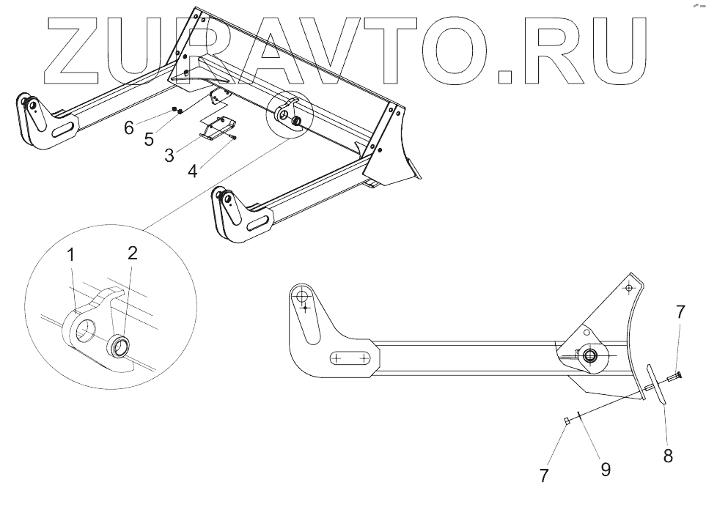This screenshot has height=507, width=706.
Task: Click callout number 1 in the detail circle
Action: click(71, 256)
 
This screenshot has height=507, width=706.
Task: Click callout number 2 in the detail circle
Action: click(132, 253)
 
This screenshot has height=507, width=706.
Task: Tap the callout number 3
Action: click(169, 155)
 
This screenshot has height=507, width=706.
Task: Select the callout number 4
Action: click(192, 171)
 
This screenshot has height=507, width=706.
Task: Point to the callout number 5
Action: click(149, 139)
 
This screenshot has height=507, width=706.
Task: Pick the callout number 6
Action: click(129, 127)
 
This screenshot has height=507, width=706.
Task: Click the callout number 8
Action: click(668, 455)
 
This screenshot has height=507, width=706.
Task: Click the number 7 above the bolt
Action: click(680, 312)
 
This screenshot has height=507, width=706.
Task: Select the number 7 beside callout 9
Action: click(544, 475)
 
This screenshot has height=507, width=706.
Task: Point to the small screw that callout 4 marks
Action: click(232, 136)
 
